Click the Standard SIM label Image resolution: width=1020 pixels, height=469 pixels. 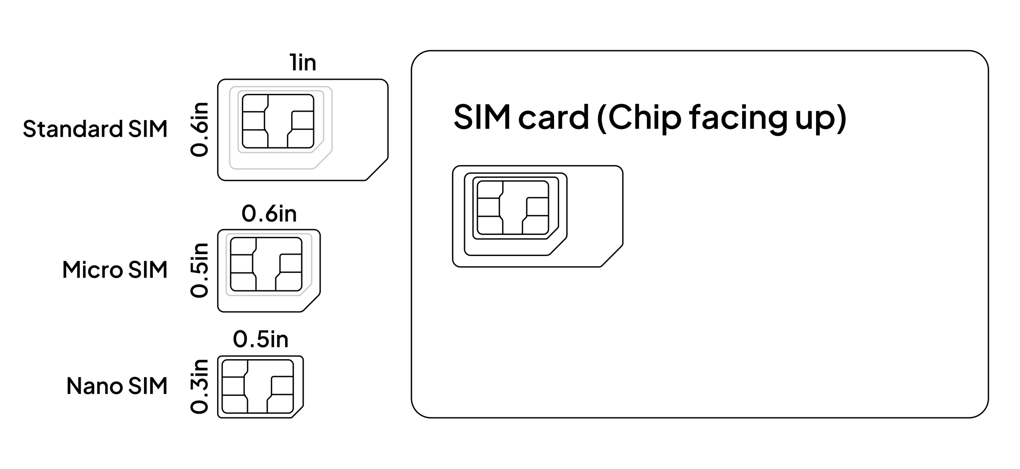[95, 129]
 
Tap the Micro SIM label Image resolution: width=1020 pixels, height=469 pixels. [115, 270]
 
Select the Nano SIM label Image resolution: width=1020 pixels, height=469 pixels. [117, 386]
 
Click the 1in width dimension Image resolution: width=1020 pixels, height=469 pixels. [303, 63]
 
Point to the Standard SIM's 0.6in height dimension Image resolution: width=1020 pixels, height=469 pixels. [199, 129]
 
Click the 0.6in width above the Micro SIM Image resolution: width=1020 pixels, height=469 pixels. [269, 214]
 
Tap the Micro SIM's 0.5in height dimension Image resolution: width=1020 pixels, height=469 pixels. [199, 270]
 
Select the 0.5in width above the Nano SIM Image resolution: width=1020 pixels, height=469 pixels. [261, 339]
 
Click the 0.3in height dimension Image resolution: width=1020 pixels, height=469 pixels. [199, 386]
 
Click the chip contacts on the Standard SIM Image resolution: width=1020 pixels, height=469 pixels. [278, 121]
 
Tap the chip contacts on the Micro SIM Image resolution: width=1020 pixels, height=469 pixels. [266, 264]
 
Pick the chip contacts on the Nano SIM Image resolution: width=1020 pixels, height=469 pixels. [258, 386]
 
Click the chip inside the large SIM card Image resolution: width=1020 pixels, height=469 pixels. [512, 207]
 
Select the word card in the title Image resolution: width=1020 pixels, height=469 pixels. [554, 117]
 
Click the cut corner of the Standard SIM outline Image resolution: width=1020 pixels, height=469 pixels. [377, 169]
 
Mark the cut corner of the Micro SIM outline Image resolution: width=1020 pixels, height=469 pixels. [311, 303]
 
